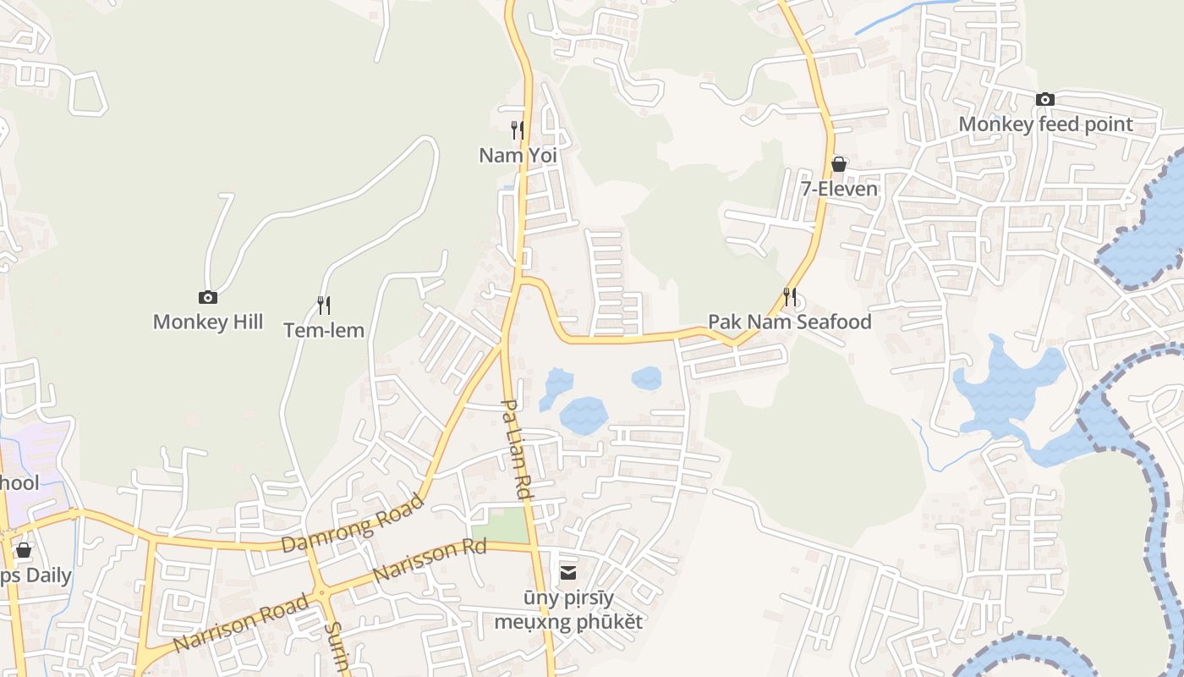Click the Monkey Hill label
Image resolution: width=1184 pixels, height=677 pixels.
208,322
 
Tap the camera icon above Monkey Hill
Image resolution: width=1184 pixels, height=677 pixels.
208,297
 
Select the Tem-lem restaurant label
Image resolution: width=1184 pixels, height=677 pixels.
324,330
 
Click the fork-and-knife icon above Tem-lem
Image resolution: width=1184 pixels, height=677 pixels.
324,305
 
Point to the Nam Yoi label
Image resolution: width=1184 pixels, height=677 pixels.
518,155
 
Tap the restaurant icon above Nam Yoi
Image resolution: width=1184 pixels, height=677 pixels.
518,129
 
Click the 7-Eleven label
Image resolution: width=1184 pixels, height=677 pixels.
839,189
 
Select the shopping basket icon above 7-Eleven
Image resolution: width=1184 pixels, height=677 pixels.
839,163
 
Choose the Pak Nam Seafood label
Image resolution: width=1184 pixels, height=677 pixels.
789,322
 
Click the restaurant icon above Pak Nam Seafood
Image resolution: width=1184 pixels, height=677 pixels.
790,296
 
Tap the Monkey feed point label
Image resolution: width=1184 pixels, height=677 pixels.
1045,124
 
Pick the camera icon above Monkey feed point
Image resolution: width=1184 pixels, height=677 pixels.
1045,99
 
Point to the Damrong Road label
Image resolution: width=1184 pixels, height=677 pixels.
352,525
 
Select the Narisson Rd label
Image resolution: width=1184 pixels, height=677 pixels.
430,559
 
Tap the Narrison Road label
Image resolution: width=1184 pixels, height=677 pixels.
240,624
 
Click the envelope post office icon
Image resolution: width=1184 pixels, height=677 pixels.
568,573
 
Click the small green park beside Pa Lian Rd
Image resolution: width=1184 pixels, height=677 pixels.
500,526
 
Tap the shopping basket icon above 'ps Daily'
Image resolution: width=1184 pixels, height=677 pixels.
24,550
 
